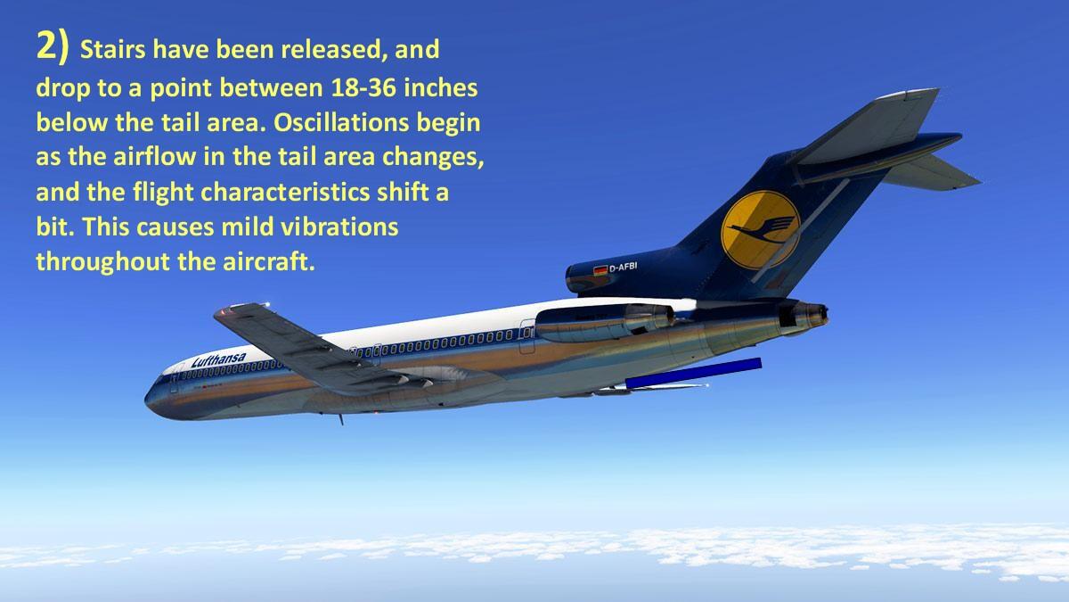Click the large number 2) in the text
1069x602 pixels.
[53, 46]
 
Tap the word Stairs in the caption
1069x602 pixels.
[112, 49]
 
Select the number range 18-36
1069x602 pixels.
[363, 88]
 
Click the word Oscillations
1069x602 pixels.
[341, 123]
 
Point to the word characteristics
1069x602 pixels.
[285, 192]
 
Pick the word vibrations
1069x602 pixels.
[339, 227]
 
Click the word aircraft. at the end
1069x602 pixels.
[269, 262]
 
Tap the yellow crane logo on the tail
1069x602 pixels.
[760, 230]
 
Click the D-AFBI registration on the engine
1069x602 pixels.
[624, 267]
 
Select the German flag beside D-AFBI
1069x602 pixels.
[600, 270]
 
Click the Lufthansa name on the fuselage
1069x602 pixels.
[218, 359]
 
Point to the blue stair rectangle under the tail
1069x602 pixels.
[693, 373]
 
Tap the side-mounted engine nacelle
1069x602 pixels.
[604, 323]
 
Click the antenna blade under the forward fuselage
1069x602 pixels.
[340, 419]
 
